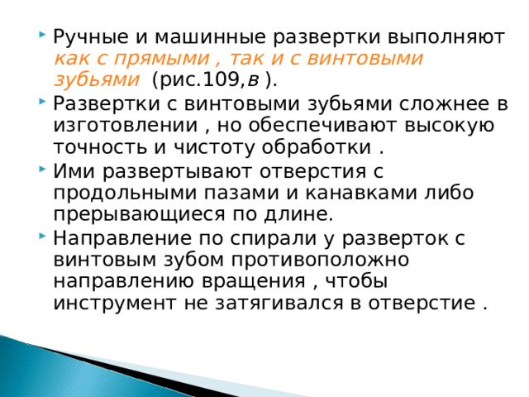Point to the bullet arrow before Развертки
pyautogui.click(x=41, y=103)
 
